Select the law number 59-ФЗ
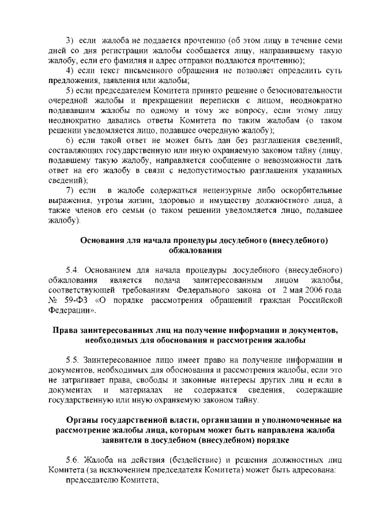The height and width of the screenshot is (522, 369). click(x=74, y=300)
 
